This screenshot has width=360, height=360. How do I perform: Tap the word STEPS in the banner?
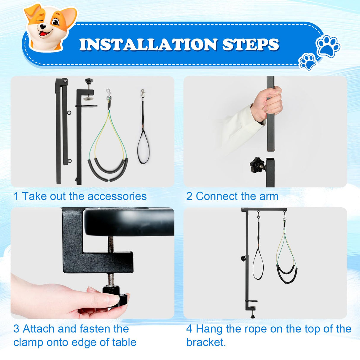(x=251, y=44)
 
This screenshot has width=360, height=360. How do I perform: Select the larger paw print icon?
(x=328, y=46)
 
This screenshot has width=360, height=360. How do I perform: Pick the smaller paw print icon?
(x=308, y=61)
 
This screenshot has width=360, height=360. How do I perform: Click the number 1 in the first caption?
(x=16, y=196)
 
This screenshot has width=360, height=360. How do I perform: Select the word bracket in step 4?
(x=206, y=343)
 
